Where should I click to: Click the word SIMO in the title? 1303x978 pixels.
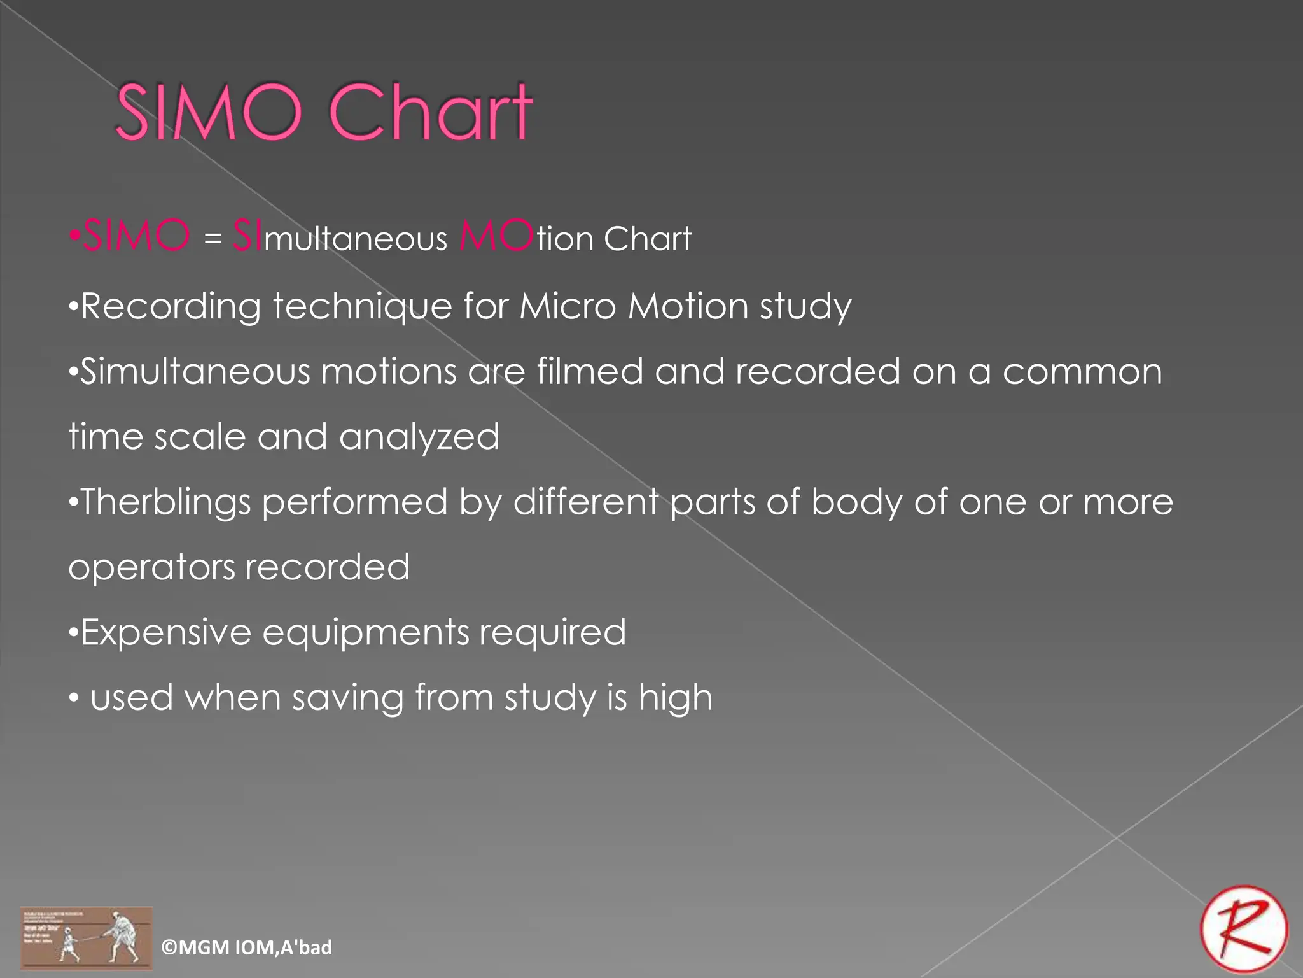coord(208,113)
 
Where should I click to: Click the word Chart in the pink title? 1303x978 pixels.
coord(430,113)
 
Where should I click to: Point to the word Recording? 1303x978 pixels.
coord(171,307)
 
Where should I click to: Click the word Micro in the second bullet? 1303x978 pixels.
coord(568,306)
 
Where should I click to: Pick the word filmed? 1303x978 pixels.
coord(589,371)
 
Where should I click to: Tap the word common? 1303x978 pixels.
coord(1082,372)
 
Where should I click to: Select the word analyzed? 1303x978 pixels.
coord(419,437)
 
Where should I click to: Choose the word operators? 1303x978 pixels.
coord(151,568)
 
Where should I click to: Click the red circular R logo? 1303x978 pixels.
coord(1244,929)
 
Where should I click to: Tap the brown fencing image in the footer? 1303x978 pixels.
coord(87,938)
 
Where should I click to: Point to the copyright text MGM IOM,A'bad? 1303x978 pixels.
coord(247,947)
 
